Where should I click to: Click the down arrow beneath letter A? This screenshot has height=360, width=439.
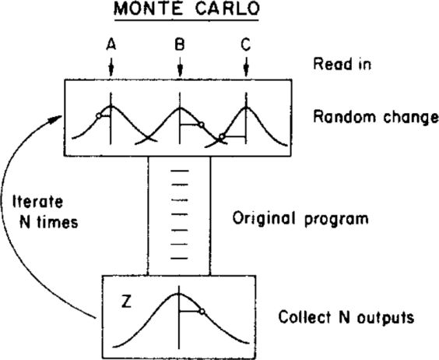[x=111, y=69]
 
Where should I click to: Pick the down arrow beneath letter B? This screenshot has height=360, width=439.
[x=180, y=69]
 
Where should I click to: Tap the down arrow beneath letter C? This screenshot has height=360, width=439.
[x=246, y=69]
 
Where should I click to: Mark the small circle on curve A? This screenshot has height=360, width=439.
[x=97, y=116]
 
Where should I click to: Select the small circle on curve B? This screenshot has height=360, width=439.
[x=200, y=125]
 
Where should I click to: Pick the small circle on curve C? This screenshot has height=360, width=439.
[x=222, y=138]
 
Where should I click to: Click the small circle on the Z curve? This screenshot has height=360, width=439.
[x=201, y=312]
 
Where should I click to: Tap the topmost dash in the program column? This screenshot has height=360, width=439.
[x=179, y=171]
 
